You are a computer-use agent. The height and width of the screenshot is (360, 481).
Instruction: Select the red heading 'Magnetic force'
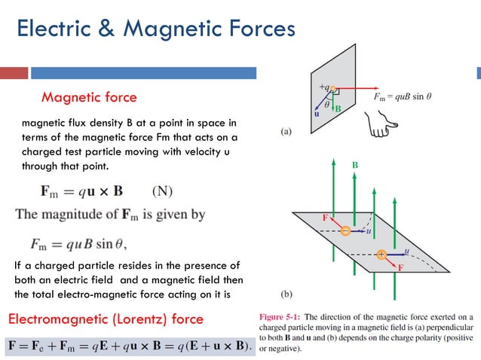point(89,97)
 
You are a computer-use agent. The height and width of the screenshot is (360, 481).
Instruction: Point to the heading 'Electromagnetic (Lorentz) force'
point(106,319)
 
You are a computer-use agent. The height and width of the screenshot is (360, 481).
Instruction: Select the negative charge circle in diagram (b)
point(345,230)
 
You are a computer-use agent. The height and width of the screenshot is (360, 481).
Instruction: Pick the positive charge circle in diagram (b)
point(381,255)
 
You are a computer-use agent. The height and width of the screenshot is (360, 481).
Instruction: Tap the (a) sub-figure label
point(286,132)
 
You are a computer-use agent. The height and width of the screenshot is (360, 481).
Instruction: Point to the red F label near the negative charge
point(326,218)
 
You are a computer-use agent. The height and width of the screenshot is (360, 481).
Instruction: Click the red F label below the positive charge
point(400,267)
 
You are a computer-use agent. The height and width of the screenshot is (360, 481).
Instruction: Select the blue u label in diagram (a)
point(317,114)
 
